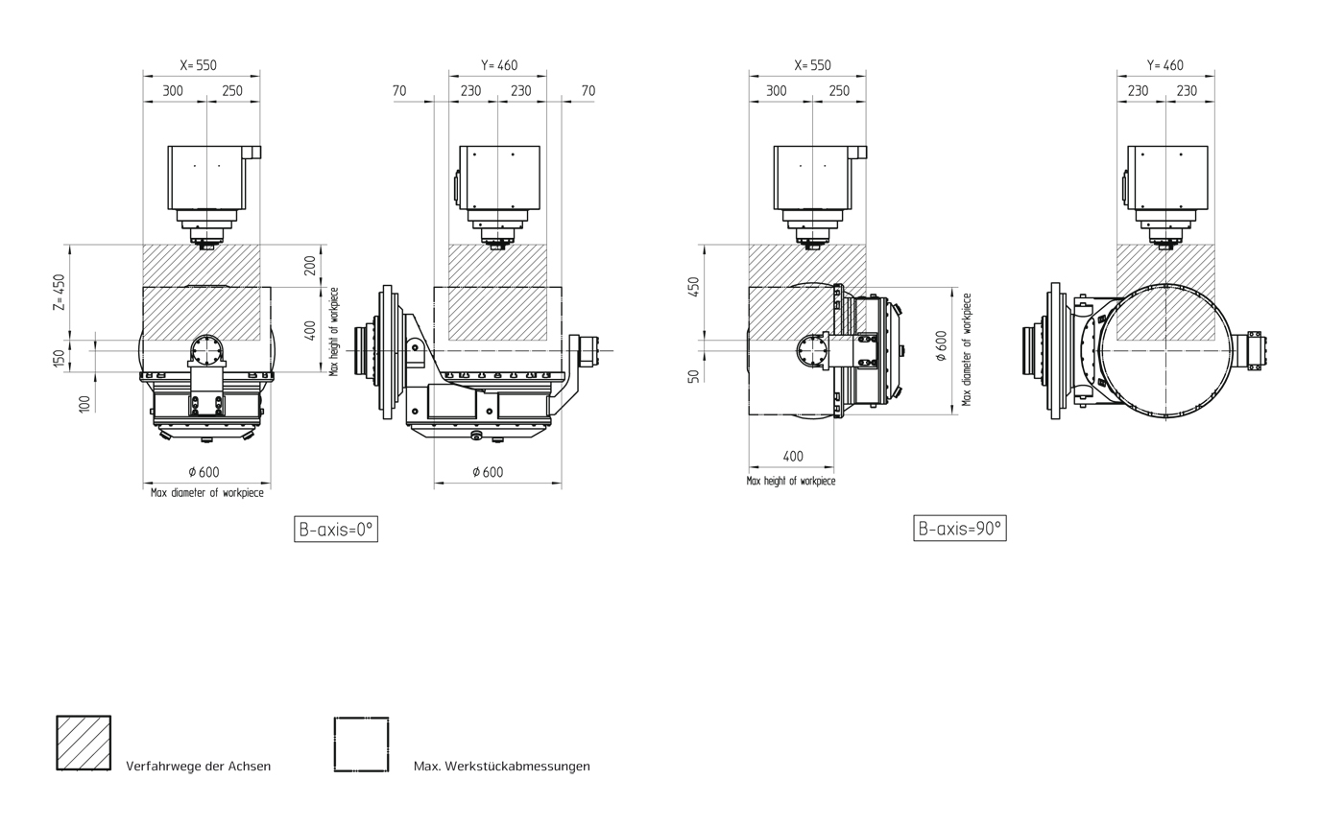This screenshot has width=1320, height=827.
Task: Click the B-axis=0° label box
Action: click(x=336, y=529)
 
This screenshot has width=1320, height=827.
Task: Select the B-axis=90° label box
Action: click(x=960, y=529)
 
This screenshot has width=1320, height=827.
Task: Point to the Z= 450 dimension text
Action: click(x=60, y=293)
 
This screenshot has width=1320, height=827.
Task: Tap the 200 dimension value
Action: click(x=310, y=266)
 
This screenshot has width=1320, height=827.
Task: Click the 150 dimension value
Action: click(x=59, y=359)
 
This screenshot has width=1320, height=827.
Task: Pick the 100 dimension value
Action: click(x=84, y=404)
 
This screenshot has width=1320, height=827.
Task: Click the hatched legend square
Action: click(x=84, y=743)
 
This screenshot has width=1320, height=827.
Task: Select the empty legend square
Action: click(x=361, y=744)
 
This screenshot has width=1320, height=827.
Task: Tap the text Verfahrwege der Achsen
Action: click(x=198, y=767)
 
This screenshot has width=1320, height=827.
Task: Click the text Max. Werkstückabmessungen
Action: click(x=501, y=767)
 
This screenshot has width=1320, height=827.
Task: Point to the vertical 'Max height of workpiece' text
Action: click(x=334, y=332)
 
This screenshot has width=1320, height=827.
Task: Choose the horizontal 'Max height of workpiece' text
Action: click(x=791, y=482)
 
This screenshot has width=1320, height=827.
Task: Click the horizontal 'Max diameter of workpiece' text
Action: click(x=206, y=493)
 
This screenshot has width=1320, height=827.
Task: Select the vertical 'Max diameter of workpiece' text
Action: click(x=967, y=350)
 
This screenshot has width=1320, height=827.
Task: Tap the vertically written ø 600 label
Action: click(x=941, y=345)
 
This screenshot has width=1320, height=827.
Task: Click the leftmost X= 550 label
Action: click(x=199, y=65)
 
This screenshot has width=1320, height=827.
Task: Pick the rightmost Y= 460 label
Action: click(x=1165, y=65)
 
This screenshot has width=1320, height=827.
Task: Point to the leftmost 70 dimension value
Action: click(x=399, y=91)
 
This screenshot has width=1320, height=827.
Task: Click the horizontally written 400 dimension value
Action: click(x=793, y=457)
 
